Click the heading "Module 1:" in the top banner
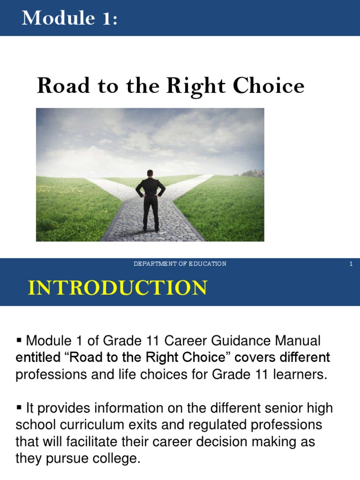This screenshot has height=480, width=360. [x=69, y=18]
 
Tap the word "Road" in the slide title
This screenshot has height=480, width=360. [x=57, y=86]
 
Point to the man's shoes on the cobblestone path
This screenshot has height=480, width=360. [x=150, y=229]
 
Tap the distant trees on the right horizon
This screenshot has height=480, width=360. [x=253, y=173]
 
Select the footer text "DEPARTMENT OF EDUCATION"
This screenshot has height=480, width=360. [x=180, y=264]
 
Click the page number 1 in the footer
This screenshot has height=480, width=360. [x=351, y=264]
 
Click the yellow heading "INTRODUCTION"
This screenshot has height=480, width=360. [x=117, y=287]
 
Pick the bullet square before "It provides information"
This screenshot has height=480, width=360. [x=19, y=407]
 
